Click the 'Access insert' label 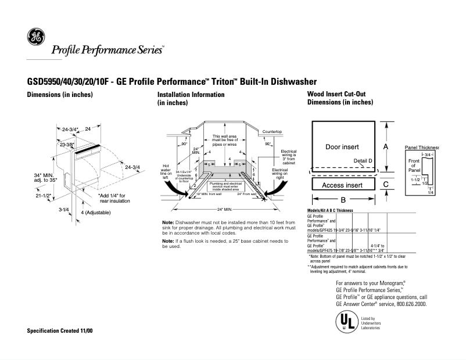coord(342,185)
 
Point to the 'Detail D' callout coord(363,160)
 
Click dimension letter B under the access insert coord(343,200)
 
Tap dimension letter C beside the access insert coord(386,184)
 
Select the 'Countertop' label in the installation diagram coord(272,132)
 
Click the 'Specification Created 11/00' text coord(60,330)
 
